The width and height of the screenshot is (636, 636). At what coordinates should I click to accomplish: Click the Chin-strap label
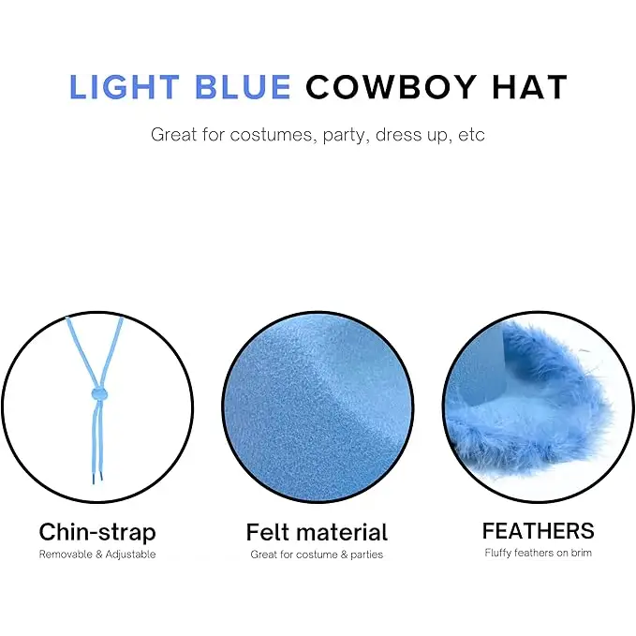tap(97, 532)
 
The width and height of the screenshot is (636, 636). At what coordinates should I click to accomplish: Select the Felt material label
tap(317, 532)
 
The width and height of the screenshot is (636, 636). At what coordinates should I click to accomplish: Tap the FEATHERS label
tap(538, 531)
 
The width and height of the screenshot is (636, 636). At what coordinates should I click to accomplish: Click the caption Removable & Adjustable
tap(97, 555)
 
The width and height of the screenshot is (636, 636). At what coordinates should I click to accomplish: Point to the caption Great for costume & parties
tap(317, 555)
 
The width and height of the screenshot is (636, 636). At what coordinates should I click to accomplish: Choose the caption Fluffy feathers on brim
tap(538, 553)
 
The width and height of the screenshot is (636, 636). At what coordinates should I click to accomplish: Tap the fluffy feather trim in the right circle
tap(525, 412)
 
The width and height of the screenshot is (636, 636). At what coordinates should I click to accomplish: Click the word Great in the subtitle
tap(175, 134)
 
